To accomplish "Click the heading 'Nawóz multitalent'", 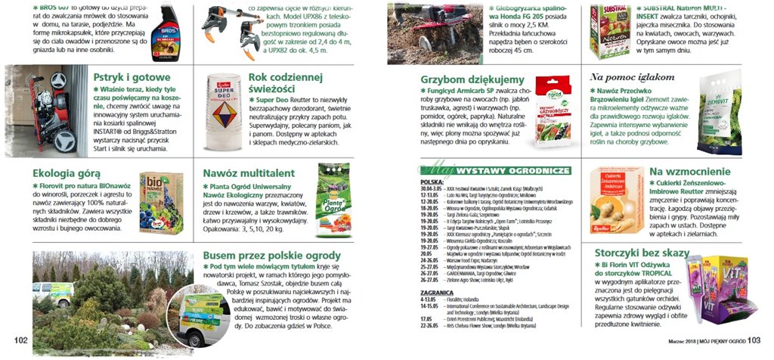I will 249,172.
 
